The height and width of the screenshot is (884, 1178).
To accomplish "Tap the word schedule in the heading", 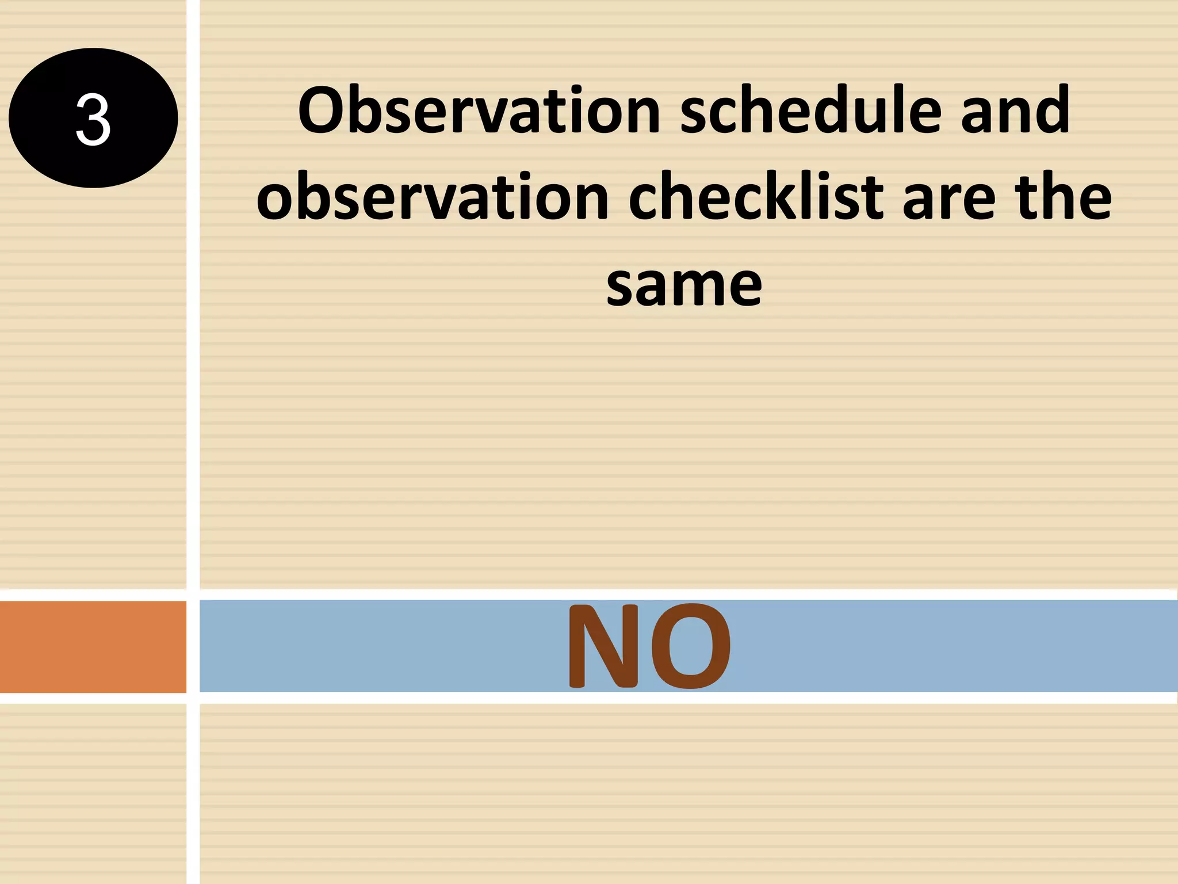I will tap(810, 110).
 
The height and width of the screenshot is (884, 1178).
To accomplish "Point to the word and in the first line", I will tap(1015, 110).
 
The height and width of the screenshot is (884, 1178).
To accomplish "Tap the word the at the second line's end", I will tap(1064, 197).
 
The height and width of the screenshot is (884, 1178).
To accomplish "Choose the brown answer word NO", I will tap(649, 646).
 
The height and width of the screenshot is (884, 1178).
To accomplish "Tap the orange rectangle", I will tap(93, 646).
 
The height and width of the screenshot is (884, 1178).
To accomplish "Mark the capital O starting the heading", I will tap(323, 110).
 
